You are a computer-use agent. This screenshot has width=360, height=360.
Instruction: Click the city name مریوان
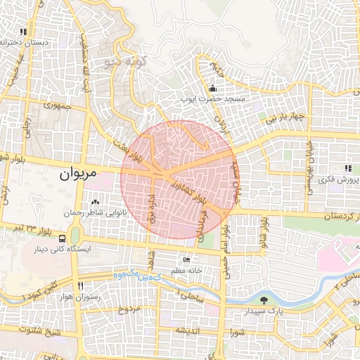click(x=79, y=173)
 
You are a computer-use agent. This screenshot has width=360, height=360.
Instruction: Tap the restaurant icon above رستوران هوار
click(x=80, y=286)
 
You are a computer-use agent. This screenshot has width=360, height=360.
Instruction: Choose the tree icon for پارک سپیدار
click(x=264, y=300)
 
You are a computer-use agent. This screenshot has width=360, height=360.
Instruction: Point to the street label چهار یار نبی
click(x=285, y=117)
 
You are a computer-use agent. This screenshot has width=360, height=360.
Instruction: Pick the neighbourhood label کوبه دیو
click(x=123, y=63)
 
